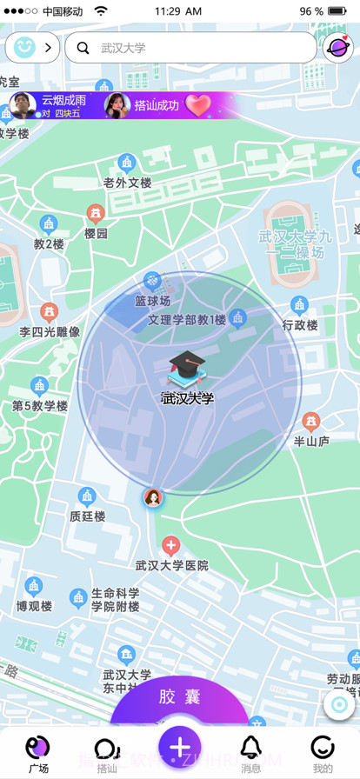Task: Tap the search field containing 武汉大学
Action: (x=191, y=48)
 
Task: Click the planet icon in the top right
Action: (x=338, y=48)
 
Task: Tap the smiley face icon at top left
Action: (x=23, y=47)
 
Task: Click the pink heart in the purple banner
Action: (x=198, y=106)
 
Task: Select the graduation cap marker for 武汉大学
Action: (x=185, y=370)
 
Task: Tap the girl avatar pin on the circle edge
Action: (x=153, y=497)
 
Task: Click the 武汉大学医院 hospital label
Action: (x=171, y=565)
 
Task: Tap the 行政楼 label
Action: (x=300, y=325)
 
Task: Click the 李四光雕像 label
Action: (x=50, y=331)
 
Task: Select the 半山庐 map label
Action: (x=311, y=441)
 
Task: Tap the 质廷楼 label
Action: (x=87, y=516)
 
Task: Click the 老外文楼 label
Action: (x=128, y=183)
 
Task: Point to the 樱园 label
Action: (x=96, y=233)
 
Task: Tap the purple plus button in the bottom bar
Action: (x=180, y=747)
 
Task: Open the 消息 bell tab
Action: (x=251, y=751)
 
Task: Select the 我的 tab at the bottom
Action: (x=323, y=751)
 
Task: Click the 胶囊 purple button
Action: (x=180, y=698)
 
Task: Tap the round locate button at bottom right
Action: (x=339, y=704)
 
